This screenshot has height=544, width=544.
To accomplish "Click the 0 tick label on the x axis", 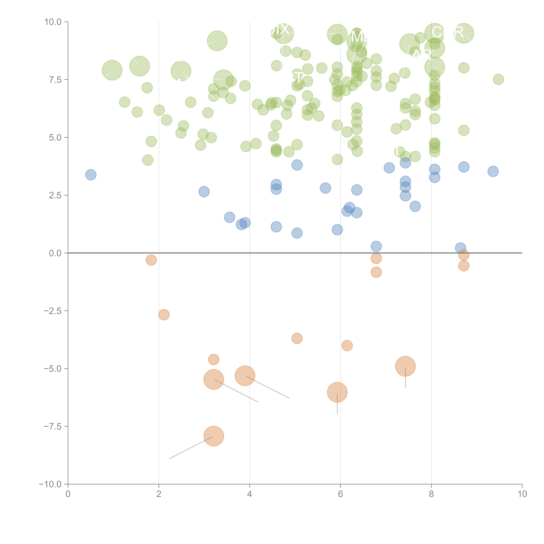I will [x=68, y=494].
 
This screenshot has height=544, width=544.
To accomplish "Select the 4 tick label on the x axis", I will [x=249, y=494].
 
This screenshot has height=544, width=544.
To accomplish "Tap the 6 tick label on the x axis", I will [x=340, y=494].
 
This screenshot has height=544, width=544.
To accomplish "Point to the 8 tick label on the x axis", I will [x=431, y=494].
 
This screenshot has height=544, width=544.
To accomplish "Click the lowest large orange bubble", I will [x=214, y=436].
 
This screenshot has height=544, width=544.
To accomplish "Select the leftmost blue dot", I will [x=91, y=175].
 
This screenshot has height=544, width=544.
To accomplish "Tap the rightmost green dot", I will [x=498, y=79].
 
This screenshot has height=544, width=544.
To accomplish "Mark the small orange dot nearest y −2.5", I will [x=164, y=315].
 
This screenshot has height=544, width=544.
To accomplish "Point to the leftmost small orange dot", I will [x=151, y=260].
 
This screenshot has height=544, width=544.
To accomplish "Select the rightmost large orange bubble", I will [x=405, y=366].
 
